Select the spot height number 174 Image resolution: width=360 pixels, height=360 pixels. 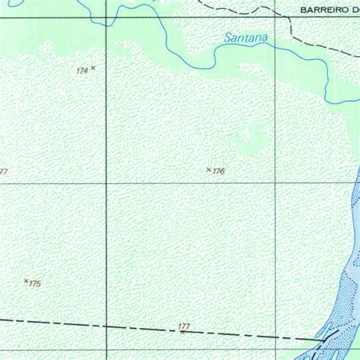(82, 71)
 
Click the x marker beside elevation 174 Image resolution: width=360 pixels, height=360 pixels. (93, 68)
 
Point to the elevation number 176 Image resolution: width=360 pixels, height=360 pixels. (219, 172)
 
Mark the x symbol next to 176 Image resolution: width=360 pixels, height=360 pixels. (209, 169)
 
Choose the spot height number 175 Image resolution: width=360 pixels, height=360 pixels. (35, 284)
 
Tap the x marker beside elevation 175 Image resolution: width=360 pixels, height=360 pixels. (26, 281)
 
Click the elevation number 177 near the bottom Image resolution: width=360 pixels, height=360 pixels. (184, 327)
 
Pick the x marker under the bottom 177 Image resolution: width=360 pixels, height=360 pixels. (182, 332)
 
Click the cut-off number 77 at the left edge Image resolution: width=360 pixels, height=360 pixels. (3, 172)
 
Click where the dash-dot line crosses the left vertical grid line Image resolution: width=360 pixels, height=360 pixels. (106, 326)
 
